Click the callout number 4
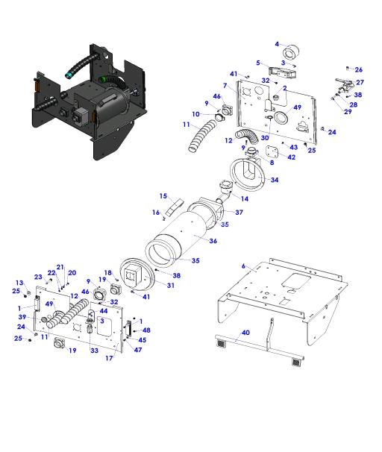point(277,44)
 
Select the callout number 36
point(213,241)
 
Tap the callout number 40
point(245,333)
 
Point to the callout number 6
point(243,266)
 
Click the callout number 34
point(275,180)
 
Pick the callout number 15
point(163,196)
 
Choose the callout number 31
point(171,286)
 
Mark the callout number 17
point(109,358)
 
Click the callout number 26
point(359,70)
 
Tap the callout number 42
point(292,157)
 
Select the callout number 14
point(245,198)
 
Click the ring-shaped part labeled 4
point(291,53)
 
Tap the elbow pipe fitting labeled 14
point(225,192)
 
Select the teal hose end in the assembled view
point(69,75)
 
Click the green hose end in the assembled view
point(102,79)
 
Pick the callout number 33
point(95,351)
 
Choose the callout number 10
point(195,114)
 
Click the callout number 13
point(19,283)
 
